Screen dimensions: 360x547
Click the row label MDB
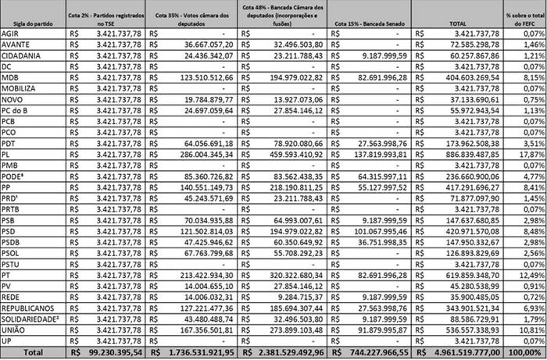click(x=10, y=78)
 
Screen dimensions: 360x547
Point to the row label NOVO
click(x=13, y=100)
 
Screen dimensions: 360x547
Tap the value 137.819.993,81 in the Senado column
click(x=379, y=155)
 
